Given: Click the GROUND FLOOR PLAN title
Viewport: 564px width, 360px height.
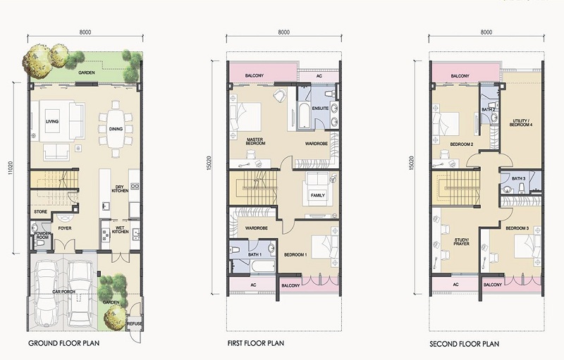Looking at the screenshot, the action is click(x=63, y=343).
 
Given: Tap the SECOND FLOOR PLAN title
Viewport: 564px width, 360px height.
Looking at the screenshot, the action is click(x=465, y=344).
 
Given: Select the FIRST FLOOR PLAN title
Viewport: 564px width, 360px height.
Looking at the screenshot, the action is click(x=256, y=343).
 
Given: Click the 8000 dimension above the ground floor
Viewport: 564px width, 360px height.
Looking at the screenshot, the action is click(x=85, y=32).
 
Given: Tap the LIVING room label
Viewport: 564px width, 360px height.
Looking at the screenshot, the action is click(x=52, y=121).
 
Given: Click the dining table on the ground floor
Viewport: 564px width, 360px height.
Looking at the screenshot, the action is click(x=116, y=129).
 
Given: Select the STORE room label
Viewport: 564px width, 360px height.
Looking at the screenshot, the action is click(x=41, y=211).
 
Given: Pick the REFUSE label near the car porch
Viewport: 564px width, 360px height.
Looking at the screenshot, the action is click(x=135, y=323).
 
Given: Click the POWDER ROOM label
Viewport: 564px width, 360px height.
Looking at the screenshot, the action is click(x=42, y=236).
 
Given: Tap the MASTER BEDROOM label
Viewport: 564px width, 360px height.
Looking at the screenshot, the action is click(x=255, y=141).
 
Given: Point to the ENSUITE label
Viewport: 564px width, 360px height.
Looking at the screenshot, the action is click(x=320, y=108).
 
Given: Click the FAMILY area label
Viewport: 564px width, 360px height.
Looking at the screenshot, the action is click(x=318, y=195).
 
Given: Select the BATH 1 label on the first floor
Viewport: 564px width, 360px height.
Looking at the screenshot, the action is click(x=255, y=255).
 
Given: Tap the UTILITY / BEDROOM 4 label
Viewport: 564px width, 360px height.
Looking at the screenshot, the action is click(x=521, y=123).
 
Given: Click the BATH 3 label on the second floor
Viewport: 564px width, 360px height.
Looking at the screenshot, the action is click(x=518, y=178).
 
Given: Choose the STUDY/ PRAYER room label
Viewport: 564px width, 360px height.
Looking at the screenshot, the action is click(x=462, y=242).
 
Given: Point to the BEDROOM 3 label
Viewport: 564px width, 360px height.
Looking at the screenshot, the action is click(x=517, y=228).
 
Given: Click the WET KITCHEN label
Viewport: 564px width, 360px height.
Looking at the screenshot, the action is click(x=120, y=230).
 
